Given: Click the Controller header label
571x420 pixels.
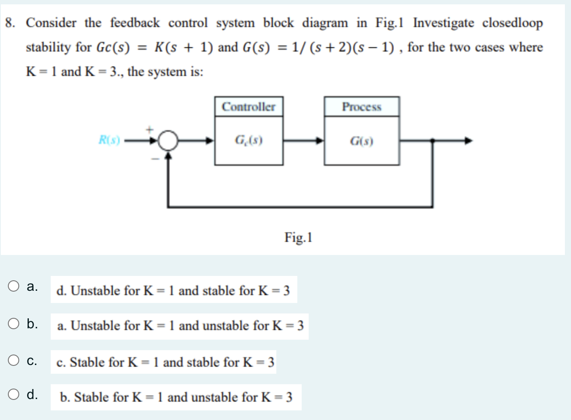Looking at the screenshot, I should coord(248,107).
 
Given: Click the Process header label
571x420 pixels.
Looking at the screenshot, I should coord(362,107).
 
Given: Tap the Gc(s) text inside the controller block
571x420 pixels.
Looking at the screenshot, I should coord(248,141).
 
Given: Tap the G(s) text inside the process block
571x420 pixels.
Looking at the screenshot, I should coord(362,141).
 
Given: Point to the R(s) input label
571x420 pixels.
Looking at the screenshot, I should coord(109,141).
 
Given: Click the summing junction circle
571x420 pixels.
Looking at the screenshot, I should coord(168,141).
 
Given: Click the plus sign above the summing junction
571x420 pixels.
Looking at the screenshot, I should coord(150,129).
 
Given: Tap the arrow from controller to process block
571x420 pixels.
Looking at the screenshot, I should coord(304,141).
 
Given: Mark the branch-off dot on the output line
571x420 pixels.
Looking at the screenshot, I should coord(432,141).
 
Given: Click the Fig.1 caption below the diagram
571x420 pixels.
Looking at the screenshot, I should coord(298,238).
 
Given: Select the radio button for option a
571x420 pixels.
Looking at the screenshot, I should coord(14,286).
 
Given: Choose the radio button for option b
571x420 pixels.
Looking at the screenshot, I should coord(14,324).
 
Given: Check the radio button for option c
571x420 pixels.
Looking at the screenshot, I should coord(14,361).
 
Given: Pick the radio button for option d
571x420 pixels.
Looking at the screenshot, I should coord(14,394).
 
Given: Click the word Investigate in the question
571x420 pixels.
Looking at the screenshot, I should coord(443,23).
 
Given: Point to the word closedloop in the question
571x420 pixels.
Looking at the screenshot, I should coord(512,23).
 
